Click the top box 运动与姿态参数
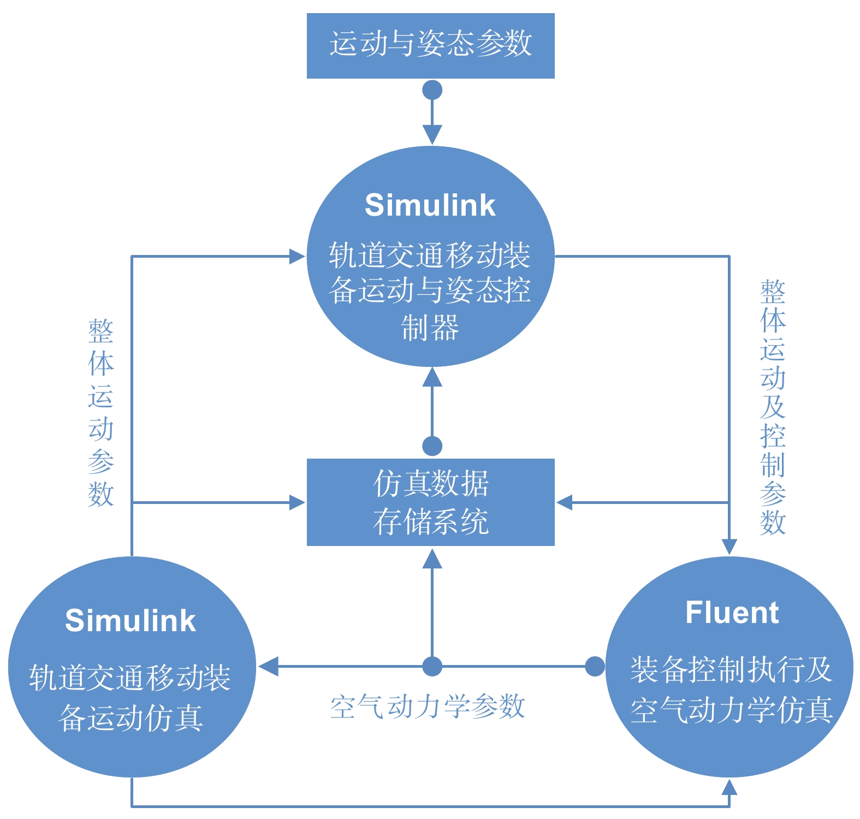(x=430, y=45)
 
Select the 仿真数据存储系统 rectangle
(x=430, y=502)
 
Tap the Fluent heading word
(x=732, y=613)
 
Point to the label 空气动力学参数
(x=427, y=707)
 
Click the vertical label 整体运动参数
(x=101, y=413)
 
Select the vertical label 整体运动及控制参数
(x=773, y=407)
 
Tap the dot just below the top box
(x=432, y=90)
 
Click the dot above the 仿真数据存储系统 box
(x=432, y=446)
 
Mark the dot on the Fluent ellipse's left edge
(x=595, y=666)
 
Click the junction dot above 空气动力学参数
(x=432, y=666)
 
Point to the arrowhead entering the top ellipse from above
(x=432, y=135)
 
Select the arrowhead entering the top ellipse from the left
(x=297, y=256)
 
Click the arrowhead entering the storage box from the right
(x=564, y=502)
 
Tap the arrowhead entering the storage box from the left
(x=297, y=502)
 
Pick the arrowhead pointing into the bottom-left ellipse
(x=268, y=666)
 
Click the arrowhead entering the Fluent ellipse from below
(x=729, y=787)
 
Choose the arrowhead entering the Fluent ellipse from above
(x=729, y=547)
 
